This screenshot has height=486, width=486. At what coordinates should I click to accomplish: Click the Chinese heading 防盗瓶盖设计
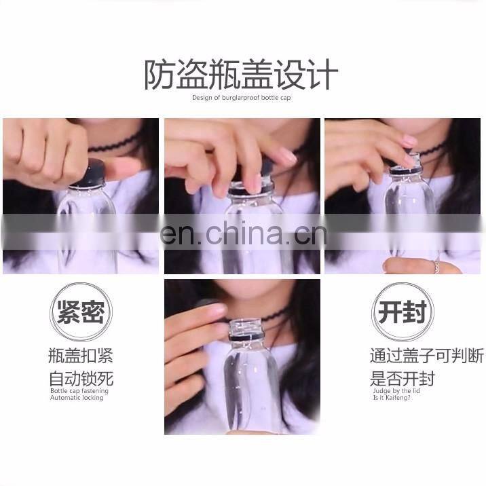pos(241,75)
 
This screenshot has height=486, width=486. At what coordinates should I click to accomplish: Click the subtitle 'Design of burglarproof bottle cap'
pos(242,98)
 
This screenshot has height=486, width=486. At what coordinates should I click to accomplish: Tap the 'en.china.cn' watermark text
pos(244,233)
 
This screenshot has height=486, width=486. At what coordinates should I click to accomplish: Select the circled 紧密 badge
pos(81,312)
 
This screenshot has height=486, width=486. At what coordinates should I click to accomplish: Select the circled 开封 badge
pos(403,312)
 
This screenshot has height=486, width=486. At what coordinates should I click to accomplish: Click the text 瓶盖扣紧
pos(81,356)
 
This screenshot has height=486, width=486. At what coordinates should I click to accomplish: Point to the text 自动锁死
pos(81,378)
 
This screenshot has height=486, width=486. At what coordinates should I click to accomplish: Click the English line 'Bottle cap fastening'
pos(79,391)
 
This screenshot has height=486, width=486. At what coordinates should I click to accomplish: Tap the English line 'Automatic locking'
pos(77,398)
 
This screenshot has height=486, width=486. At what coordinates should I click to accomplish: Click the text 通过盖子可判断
pos(427,356)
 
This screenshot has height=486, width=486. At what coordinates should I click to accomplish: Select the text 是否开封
pos(403,378)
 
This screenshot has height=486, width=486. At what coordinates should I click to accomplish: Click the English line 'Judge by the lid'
pos(396,391)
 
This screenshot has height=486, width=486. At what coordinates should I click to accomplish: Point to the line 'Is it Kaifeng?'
pos(392,398)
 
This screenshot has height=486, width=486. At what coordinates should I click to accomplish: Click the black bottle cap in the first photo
pos(90,174)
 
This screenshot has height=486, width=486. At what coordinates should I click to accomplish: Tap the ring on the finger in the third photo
pos(436,266)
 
